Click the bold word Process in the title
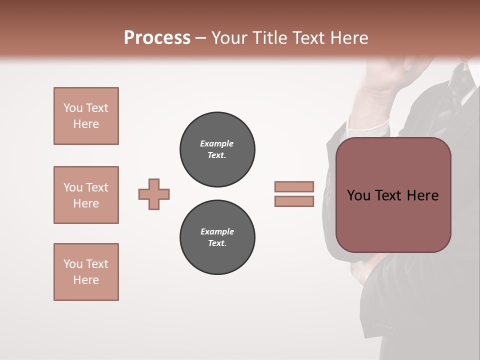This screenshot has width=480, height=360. click(157, 38)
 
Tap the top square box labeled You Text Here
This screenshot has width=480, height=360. click(86, 116)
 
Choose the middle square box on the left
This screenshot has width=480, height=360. click(86, 195)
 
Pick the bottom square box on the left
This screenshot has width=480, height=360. click(86, 272)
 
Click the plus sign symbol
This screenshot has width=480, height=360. click(154, 194)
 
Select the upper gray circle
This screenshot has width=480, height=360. click(217, 149)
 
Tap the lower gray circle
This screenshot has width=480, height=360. click(217, 237)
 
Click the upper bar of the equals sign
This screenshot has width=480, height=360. click(294, 187)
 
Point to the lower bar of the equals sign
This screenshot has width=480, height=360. click(294, 201)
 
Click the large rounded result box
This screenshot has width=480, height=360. click(393, 220)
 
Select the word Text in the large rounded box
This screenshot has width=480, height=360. click(390, 195)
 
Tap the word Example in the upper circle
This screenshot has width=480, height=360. click(217, 144)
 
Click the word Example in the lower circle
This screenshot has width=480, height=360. click(217, 232)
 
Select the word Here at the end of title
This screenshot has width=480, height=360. click(350, 38)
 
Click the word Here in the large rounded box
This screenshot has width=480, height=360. click(423, 195)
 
